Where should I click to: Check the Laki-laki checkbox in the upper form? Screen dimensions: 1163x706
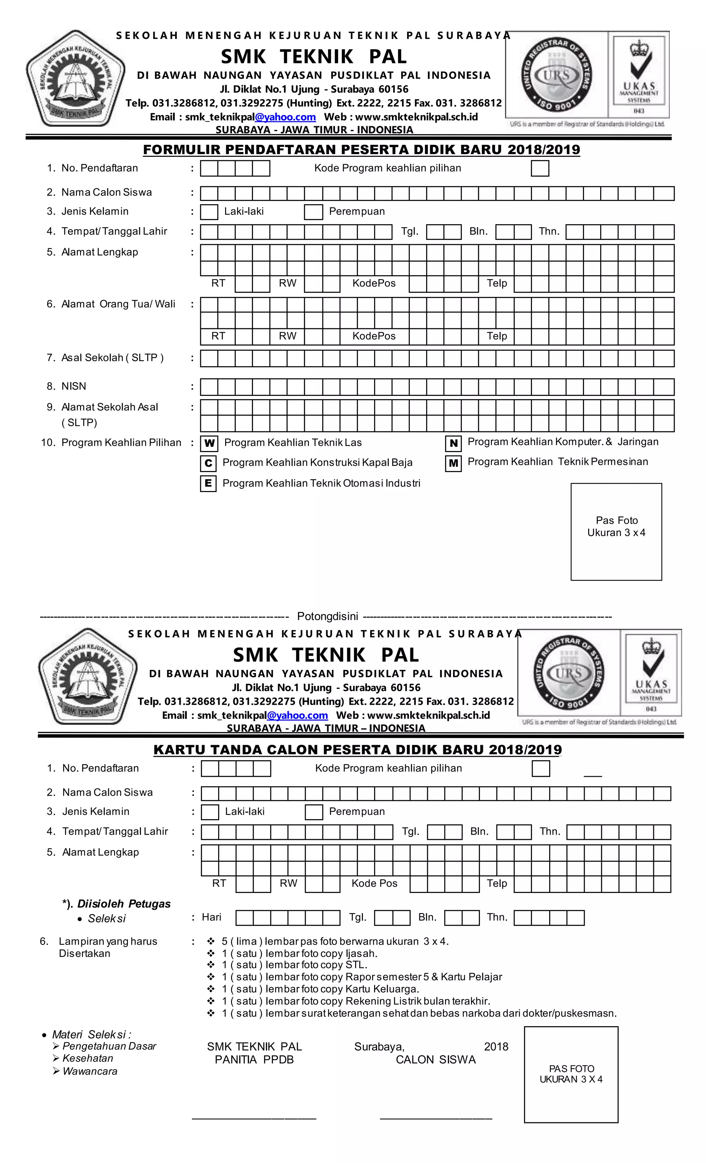click(x=209, y=212)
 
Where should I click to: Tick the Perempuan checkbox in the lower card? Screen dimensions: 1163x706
click(x=313, y=812)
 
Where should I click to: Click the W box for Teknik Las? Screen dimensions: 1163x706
click(x=209, y=443)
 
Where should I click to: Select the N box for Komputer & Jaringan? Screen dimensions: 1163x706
click(x=453, y=443)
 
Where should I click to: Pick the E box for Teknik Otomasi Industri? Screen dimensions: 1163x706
click(x=208, y=483)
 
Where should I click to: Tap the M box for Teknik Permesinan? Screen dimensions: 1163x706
click(x=453, y=463)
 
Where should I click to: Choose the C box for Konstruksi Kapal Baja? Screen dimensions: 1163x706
click(x=208, y=463)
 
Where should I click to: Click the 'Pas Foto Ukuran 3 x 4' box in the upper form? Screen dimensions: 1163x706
click(x=616, y=531)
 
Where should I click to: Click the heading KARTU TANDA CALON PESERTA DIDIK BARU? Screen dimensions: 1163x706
click(x=357, y=750)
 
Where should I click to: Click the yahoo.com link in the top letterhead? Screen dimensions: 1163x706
click(x=285, y=117)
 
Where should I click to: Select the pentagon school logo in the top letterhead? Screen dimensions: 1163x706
click(x=75, y=79)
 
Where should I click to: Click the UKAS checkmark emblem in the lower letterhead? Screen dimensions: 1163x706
click(x=651, y=673)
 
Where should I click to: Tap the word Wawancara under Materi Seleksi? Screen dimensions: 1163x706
click(x=90, y=1071)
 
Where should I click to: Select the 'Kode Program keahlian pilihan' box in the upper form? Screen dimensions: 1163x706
click(x=539, y=169)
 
